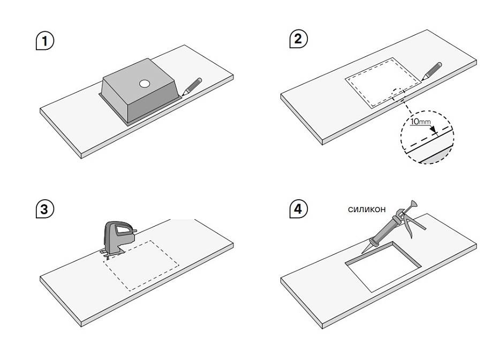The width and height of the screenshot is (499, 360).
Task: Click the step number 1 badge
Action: tap(45, 41)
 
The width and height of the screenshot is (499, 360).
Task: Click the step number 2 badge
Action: tap(298, 39)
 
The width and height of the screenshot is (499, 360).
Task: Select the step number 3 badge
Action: tap(45, 209)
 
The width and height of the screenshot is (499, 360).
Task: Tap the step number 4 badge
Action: tap(298, 209)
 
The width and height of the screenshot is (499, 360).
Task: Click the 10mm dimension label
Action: tap(420, 122)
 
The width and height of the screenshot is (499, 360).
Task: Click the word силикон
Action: tap(367, 209)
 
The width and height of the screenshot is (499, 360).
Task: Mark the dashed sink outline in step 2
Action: tap(382, 82)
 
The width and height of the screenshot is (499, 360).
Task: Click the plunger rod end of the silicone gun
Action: tap(412, 205)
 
